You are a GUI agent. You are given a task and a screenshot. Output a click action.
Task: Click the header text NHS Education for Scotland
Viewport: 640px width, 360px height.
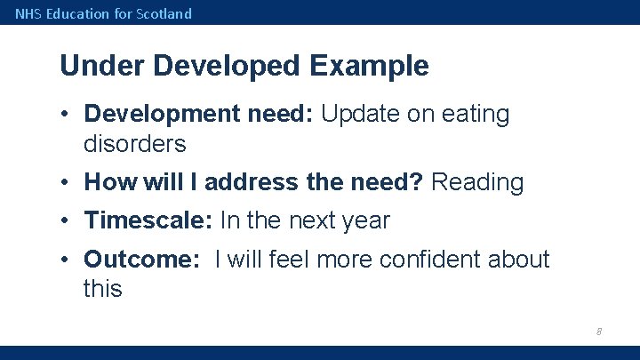pyautogui.click(x=103, y=13)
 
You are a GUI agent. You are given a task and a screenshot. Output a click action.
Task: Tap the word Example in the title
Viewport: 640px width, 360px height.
pyautogui.click(x=370, y=66)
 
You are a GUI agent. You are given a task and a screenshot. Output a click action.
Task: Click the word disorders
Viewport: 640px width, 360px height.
pyautogui.click(x=134, y=143)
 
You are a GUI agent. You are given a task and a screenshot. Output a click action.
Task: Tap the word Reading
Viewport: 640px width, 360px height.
pyautogui.click(x=477, y=182)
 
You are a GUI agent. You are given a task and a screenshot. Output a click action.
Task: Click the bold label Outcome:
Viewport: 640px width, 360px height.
pyautogui.click(x=142, y=260)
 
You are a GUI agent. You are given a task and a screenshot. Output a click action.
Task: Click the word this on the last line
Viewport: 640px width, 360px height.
pyautogui.click(x=102, y=288)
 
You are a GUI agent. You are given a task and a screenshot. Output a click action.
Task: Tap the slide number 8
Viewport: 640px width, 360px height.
pyautogui.click(x=598, y=332)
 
